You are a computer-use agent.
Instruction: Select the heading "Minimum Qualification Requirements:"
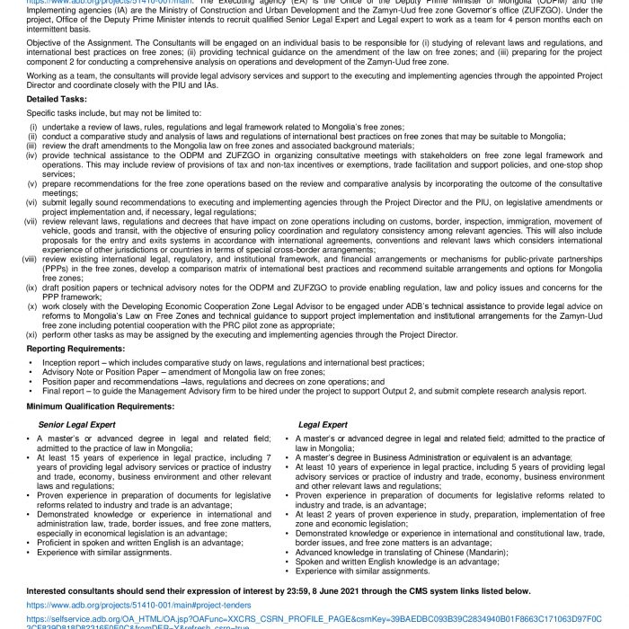point(93,407)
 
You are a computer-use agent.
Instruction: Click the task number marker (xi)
point(31,333)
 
